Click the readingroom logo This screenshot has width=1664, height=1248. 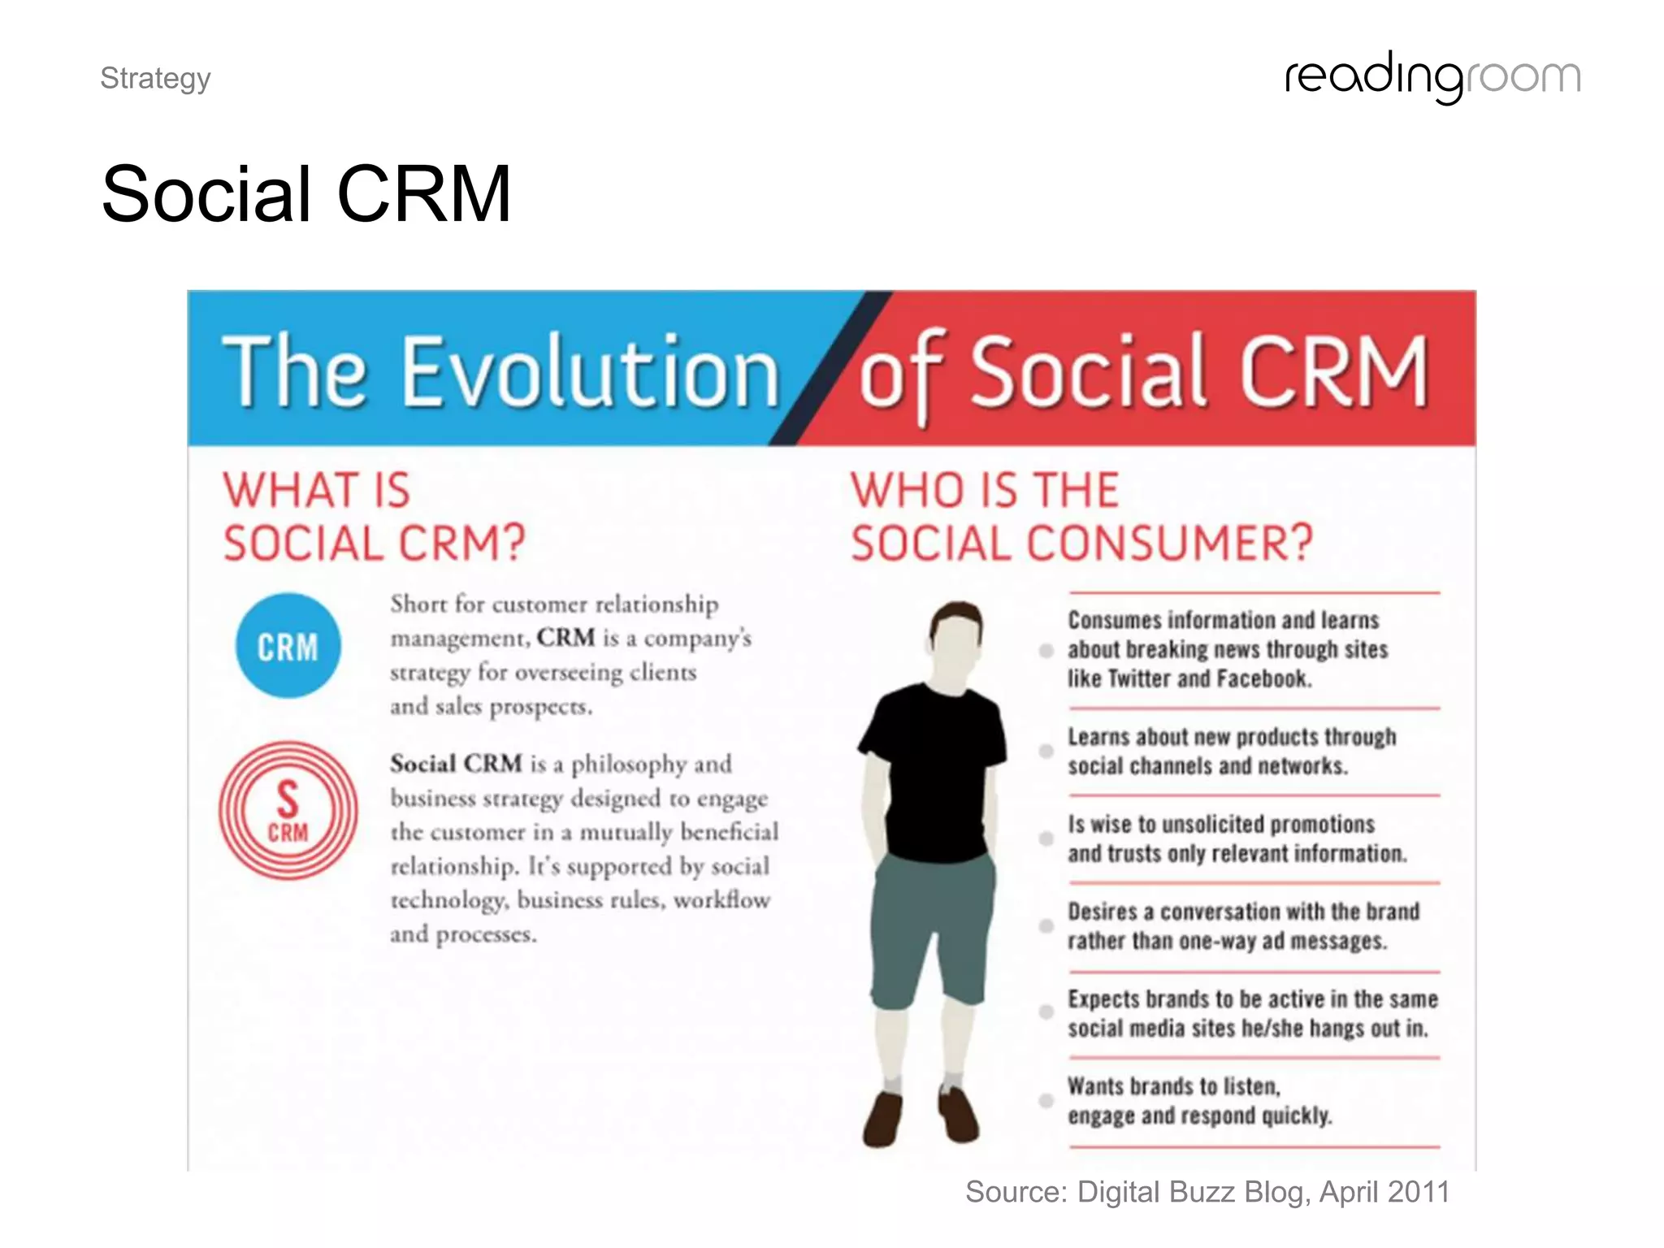(1432, 78)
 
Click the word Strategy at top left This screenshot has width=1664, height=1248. (155, 79)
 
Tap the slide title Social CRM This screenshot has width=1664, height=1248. (306, 194)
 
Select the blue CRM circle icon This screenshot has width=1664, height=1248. (288, 646)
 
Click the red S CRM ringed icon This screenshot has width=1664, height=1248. (288, 810)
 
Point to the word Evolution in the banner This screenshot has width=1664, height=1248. (590, 371)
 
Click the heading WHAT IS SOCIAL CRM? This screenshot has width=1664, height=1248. (374, 517)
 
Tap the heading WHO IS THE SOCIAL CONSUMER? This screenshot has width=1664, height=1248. (1081, 517)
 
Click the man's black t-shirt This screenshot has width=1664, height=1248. (934, 764)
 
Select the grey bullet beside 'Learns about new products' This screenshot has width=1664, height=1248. (1046, 751)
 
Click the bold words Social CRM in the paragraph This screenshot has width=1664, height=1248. (456, 764)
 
